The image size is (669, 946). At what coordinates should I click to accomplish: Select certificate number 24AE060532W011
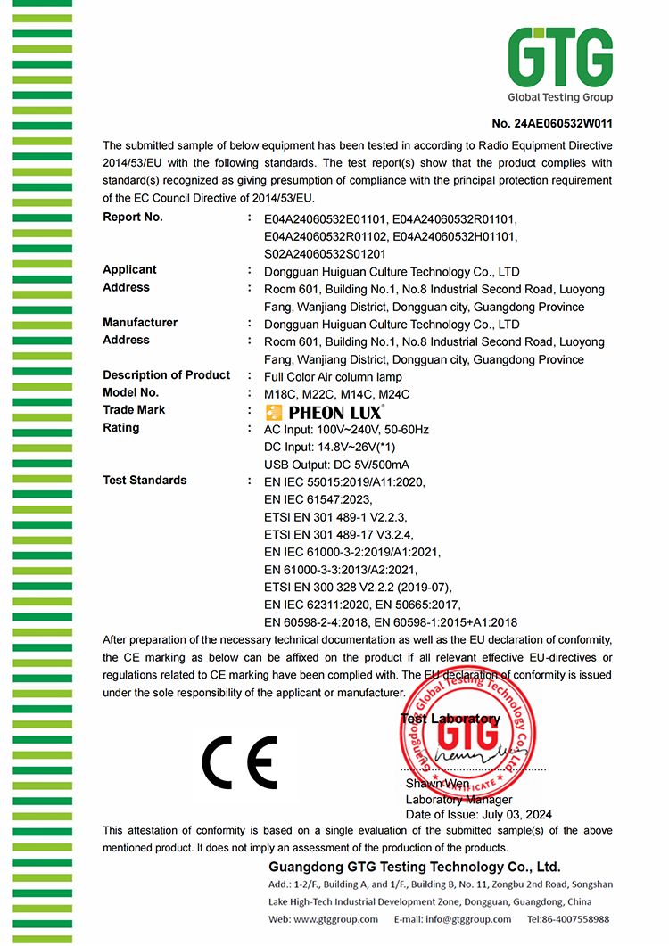pyautogui.click(x=552, y=123)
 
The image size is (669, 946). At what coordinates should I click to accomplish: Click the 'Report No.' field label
pyautogui.click(x=133, y=217)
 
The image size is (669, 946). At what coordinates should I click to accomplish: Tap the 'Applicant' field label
pyautogui.click(x=129, y=269)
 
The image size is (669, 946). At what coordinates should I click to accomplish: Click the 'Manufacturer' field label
pyautogui.click(x=140, y=322)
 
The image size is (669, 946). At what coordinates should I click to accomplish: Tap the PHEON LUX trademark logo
pyautogui.click(x=326, y=412)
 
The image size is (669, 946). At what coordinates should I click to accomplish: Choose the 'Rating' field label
pyautogui.click(x=121, y=427)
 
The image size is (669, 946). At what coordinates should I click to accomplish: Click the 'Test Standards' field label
pyautogui.click(x=145, y=480)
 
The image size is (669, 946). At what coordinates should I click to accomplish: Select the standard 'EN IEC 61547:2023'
pyautogui.click(x=318, y=499)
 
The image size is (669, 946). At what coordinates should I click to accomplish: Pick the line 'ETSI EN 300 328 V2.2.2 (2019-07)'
pyautogui.click(x=359, y=587)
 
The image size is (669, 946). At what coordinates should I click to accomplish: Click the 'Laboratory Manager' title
pyautogui.click(x=459, y=800)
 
